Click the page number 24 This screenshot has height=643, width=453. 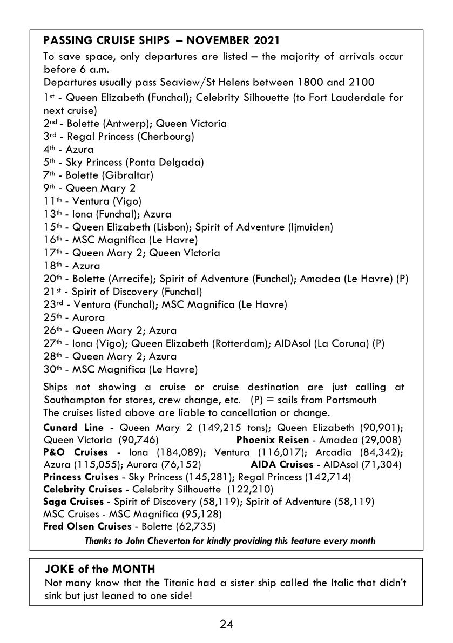point(226,625)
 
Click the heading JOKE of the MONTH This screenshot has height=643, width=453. point(100,568)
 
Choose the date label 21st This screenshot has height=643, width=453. point(50,292)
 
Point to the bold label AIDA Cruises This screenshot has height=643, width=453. point(282,464)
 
